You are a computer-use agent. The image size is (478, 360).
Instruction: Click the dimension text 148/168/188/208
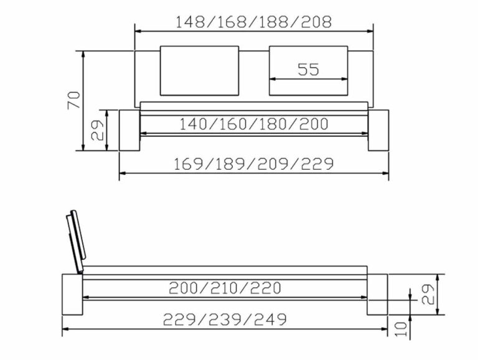click(253, 22)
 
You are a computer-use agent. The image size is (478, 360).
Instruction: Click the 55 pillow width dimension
click(308, 69)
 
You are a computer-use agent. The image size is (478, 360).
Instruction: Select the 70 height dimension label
click(73, 100)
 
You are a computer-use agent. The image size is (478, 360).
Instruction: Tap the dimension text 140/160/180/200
click(253, 124)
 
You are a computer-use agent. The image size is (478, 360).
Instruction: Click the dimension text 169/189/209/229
click(253, 164)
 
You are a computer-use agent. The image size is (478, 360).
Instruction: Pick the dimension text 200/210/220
click(225, 288)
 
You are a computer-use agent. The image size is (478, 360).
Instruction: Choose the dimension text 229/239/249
click(225, 320)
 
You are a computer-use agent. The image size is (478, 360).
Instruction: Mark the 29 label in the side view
click(427, 295)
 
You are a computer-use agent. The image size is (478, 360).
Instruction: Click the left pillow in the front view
click(200, 70)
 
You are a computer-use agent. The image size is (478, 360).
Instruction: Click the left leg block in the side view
click(72, 295)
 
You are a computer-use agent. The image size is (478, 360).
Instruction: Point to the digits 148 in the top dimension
click(191, 22)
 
